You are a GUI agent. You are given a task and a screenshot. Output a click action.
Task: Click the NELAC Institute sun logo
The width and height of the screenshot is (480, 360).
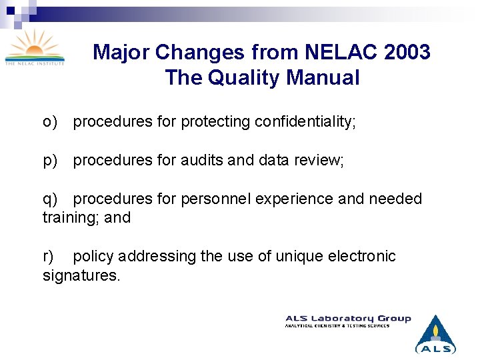point(35,47)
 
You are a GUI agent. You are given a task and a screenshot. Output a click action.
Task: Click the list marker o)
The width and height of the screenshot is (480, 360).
point(50,122)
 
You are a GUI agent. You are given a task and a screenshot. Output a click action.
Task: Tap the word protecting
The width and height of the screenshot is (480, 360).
point(216,122)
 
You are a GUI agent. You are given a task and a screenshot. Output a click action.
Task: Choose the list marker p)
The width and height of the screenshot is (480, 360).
point(50,161)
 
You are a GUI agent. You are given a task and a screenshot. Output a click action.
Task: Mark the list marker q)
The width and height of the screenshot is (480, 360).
point(50,199)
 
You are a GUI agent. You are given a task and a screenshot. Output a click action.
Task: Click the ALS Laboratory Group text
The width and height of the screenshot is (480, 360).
point(348,319)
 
